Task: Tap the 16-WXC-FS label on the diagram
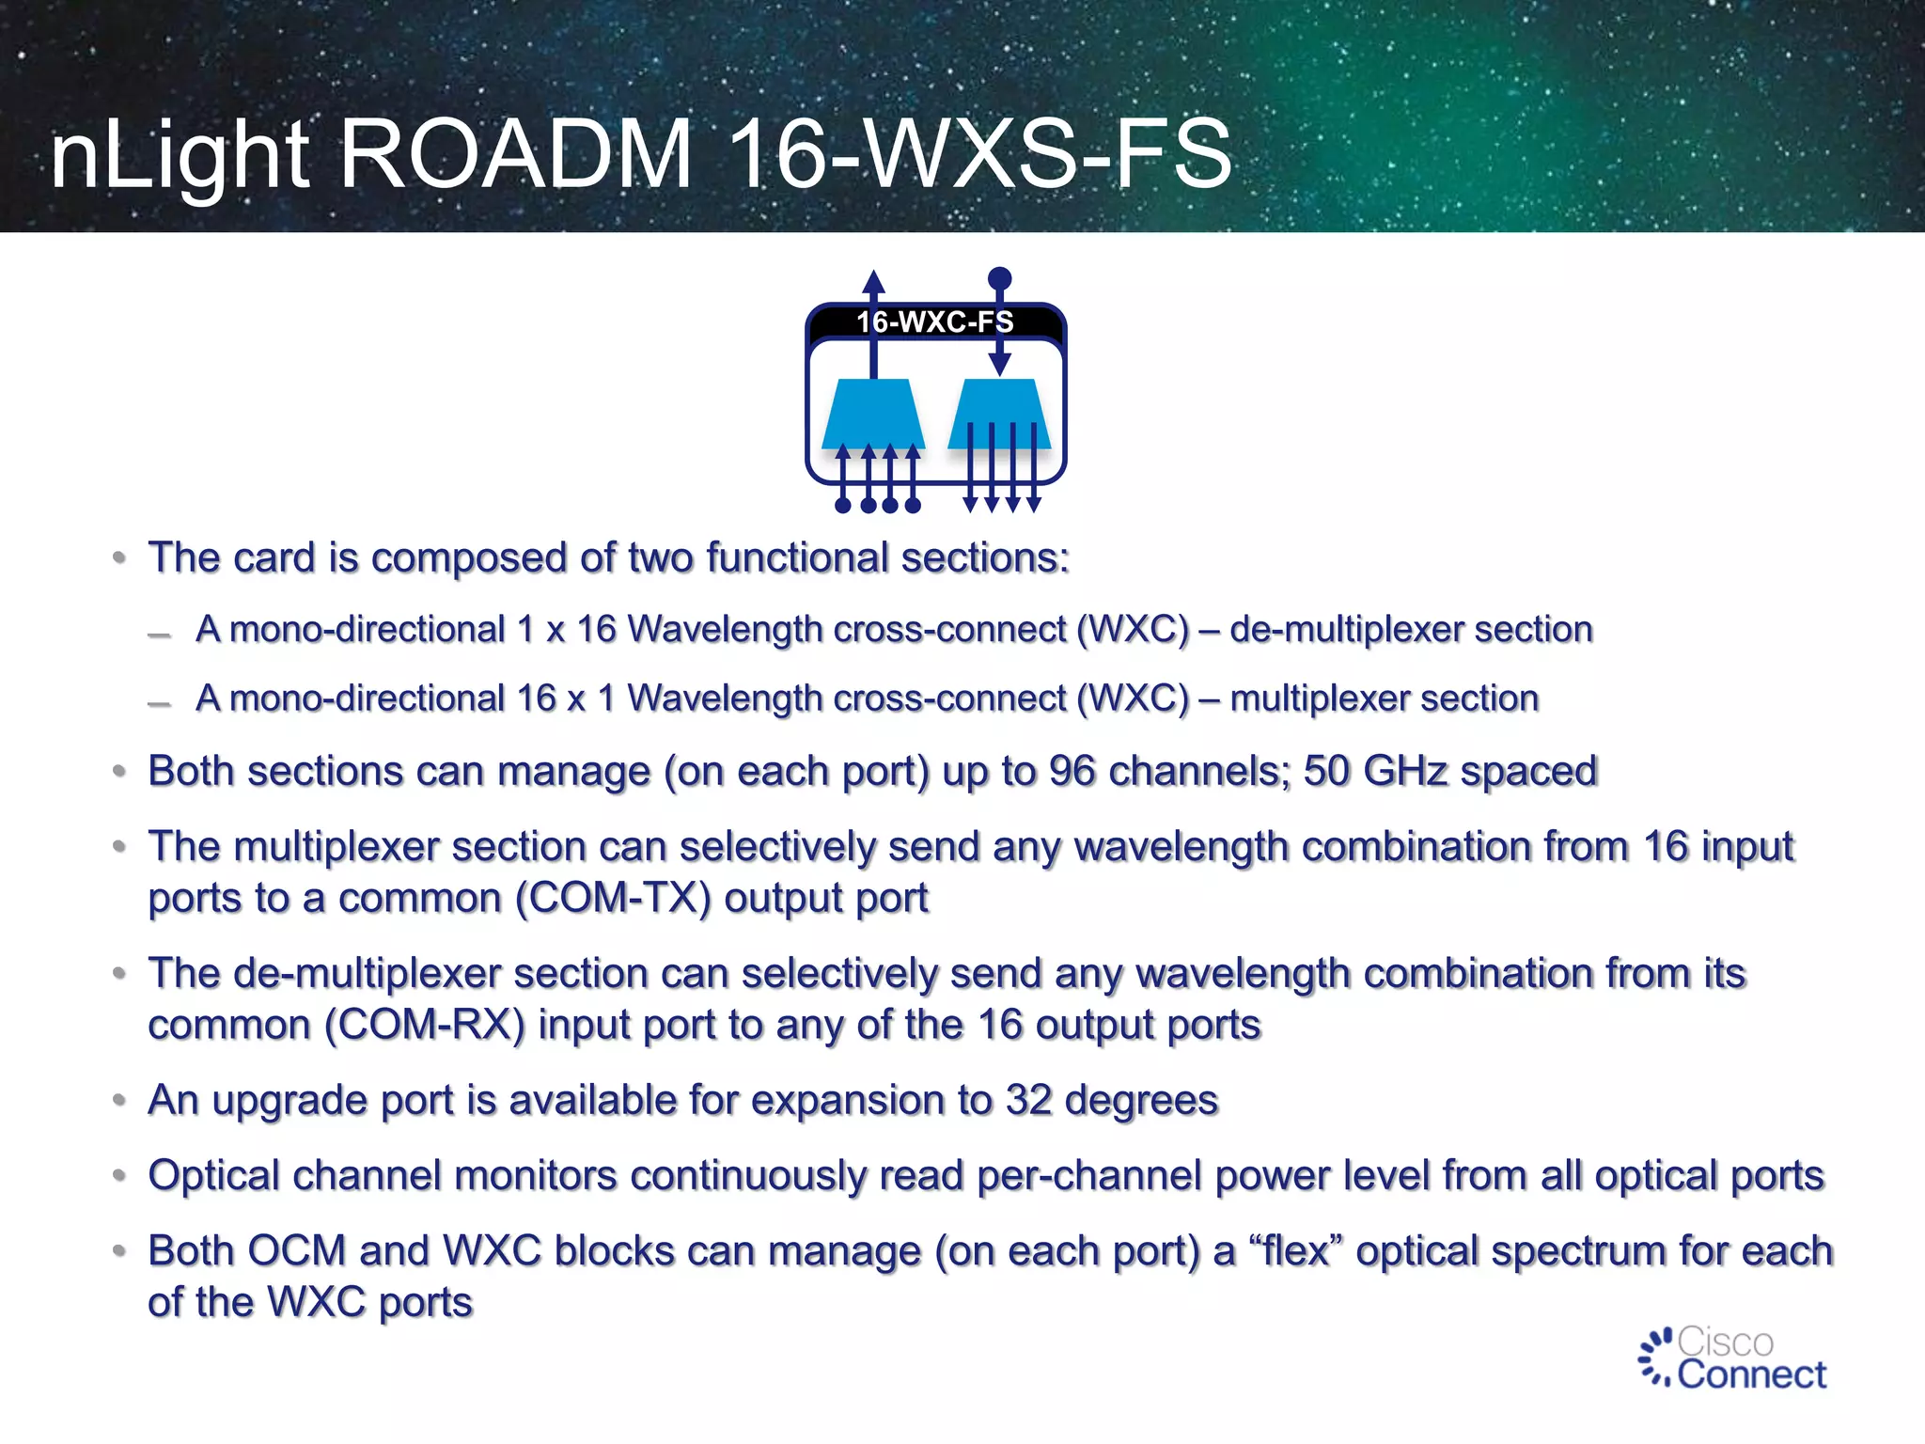(934, 322)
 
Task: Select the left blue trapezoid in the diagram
(873, 414)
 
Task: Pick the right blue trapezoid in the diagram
(999, 414)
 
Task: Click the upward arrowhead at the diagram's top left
(874, 282)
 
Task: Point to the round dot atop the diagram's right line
(1000, 278)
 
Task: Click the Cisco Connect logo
(1732, 1358)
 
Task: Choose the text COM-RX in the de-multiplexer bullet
(424, 1025)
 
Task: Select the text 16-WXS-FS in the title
(979, 154)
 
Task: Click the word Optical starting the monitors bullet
(215, 1176)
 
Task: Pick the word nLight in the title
(180, 154)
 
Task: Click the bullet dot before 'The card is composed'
(119, 558)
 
